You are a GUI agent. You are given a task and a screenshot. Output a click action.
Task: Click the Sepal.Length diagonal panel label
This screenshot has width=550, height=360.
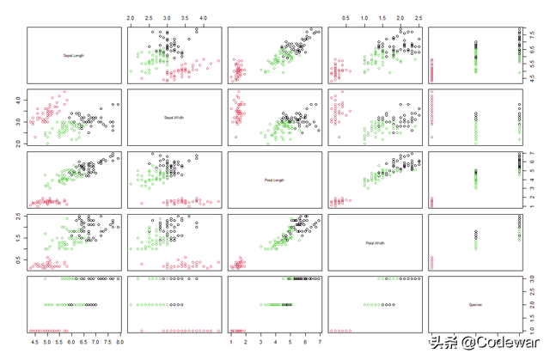74,56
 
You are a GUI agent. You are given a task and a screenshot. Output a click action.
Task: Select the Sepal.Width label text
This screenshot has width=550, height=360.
174,118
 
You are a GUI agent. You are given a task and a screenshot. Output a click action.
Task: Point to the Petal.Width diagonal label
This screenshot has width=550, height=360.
376,241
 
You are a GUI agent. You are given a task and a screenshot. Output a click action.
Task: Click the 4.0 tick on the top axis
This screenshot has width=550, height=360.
204,16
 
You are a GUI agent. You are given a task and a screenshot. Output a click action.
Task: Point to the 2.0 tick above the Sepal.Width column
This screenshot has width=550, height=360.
130,16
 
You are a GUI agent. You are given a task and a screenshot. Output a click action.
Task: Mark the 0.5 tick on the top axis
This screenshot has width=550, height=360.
345,16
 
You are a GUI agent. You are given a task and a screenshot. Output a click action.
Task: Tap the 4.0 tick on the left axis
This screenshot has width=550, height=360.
17,101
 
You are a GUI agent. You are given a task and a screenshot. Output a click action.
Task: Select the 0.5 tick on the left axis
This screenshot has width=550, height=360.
17,259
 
